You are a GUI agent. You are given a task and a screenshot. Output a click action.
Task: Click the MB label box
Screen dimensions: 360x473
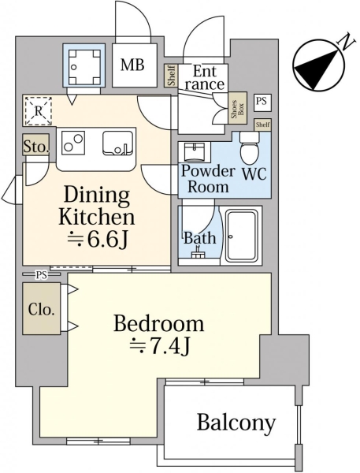click(x=135, y=65)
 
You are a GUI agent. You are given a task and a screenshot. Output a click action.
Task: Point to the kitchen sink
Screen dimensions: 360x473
click(x=117, y=143)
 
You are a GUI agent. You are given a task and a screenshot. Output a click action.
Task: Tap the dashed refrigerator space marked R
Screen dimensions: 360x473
click(x=38, y=110)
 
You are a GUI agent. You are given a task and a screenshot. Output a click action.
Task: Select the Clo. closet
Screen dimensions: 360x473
click(x=42, y=308)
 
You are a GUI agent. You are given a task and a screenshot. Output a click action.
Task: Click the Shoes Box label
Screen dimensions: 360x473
click(x=237, y=108)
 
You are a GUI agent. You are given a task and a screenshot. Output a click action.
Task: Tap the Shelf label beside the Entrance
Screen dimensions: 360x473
click(x=171, y=76)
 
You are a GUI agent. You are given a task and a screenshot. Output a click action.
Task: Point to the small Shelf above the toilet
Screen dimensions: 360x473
click(x=263, y=125)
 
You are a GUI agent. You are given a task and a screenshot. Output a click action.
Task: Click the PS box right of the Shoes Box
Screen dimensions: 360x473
click(x=262, y=102)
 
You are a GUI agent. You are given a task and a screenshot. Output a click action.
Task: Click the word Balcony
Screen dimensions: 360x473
click(x=236, y=423)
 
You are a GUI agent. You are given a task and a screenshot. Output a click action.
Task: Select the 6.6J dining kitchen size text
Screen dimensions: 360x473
click(x=97, y=238)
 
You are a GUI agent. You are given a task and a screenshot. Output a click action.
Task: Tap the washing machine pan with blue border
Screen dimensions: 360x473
click(x=84, y=65)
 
